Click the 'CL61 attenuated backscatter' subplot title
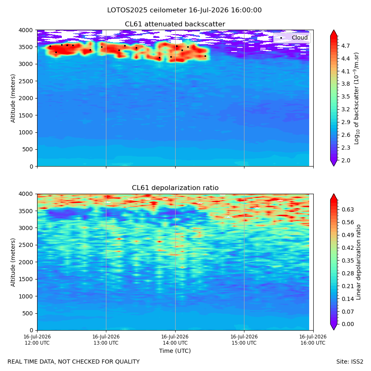coord(175,24)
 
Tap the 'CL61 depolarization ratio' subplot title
coord(175,188)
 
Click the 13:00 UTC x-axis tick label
coord(106,340)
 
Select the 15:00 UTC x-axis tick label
coord(244,340)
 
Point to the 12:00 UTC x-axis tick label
coord(37,340)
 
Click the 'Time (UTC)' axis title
coord(175,351)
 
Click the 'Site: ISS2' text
coord(350,362)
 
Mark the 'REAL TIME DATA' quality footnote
coord(74,362)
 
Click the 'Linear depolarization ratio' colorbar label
coord(359,262)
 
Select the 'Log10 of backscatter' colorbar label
coord(357,98)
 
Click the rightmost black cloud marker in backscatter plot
coord(205,56)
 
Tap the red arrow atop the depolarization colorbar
coord(333,197)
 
